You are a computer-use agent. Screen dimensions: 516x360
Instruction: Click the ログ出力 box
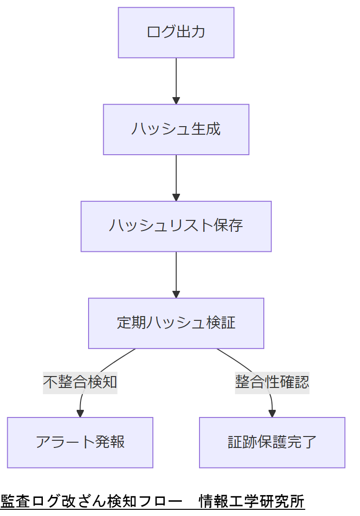[x=176, y=32]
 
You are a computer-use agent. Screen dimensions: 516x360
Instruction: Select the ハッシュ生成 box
[x=176, y=129]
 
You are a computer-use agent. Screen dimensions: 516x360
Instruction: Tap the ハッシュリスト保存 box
[x=176, y=226]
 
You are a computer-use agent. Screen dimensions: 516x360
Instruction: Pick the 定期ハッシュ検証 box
[x=176, y=323]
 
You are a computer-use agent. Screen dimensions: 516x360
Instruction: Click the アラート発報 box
[x=80, y=442]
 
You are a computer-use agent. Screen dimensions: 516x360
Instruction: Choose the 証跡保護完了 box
[x=272, y=442]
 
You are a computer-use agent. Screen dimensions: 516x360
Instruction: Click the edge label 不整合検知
[x=80, y=382]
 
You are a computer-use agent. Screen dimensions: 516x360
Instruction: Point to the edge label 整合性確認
[x=272, y=382]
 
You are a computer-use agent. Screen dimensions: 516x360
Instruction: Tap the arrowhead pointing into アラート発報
[x=80, y=414]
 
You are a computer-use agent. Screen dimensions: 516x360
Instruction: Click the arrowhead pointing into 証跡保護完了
[x=272, y=414]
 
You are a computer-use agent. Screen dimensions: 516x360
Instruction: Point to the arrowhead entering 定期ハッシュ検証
[x=176, y=294]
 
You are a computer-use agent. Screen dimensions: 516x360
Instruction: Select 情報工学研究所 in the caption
[x=251, y=501]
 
